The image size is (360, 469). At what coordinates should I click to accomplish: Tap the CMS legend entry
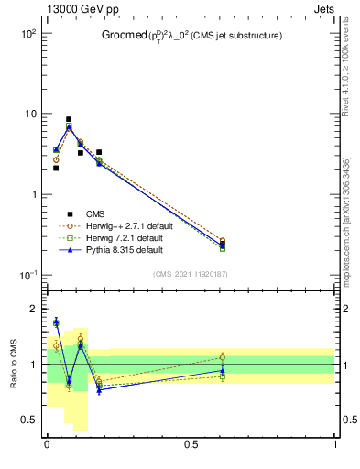point(96,213)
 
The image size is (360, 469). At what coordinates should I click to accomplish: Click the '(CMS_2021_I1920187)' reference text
point(191,273)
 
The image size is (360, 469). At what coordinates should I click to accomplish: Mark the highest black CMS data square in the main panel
point(69,119)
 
